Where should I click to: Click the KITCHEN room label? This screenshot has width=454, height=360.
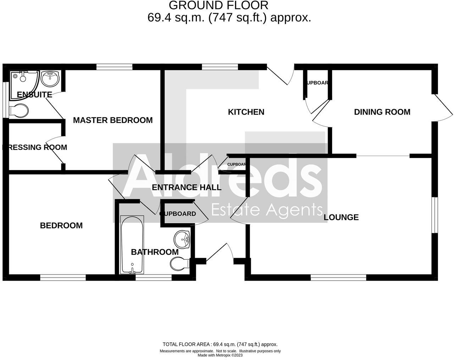(x=246, y=112)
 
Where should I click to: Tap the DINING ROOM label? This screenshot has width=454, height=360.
(x=382, y=112)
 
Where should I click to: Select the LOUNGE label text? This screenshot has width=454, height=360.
(x=341, y=217)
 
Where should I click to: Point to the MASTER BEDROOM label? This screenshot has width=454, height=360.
(x=113, y=120)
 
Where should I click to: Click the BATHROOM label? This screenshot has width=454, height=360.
(x=155, y=252)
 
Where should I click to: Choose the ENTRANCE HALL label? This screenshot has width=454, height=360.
(x=187, y=187)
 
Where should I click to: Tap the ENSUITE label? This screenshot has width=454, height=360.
(x=34, y=95)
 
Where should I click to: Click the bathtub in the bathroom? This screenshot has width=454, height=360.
(x=132, y=245)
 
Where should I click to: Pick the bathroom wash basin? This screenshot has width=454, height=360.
(x=183, y=239)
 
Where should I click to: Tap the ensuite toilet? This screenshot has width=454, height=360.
(x=19, y=111)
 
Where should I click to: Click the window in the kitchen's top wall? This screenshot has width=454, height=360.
(x=220, y=67)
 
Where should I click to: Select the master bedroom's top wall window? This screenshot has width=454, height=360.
(x=114, y=67)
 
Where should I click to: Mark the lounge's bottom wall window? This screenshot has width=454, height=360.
(x=338, y=278)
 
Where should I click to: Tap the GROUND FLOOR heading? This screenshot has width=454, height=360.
(x=218, y=5)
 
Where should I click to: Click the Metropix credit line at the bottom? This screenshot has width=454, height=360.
(x=220, y=355)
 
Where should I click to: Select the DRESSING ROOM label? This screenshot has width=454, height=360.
(x=35, y=147)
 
